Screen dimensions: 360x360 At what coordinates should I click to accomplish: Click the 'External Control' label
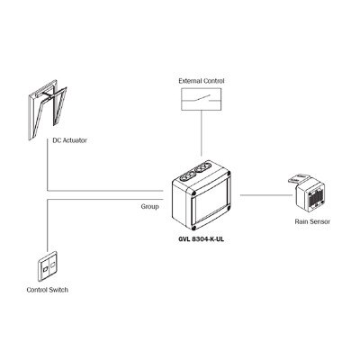[x=201, y=81]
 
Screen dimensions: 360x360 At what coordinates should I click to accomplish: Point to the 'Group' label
[x=150, y=206]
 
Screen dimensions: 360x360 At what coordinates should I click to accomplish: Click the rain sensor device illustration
[x=314, y=193]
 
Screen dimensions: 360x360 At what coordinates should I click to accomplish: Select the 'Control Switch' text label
[x=47, y=290]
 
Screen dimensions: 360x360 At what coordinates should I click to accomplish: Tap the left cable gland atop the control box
[x=190, y=172]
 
